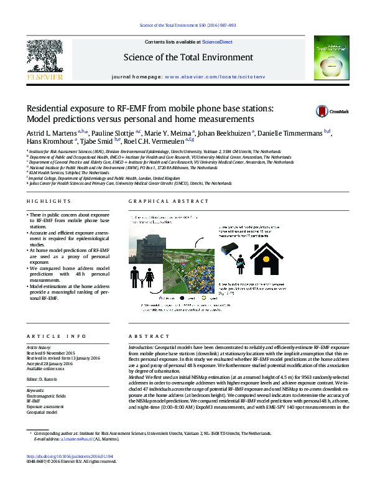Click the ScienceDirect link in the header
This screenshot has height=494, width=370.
click(x=218, y=42)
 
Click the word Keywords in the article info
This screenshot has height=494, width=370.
click(x=35, y=391)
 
